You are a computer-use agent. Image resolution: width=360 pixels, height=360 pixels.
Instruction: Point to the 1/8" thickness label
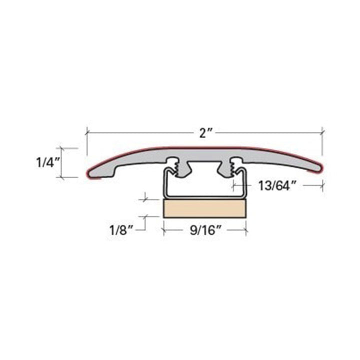point(122,230)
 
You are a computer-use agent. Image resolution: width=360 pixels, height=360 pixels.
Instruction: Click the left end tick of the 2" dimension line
point(87,133)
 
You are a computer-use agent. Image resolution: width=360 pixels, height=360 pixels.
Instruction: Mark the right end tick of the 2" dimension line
point(323,133)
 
